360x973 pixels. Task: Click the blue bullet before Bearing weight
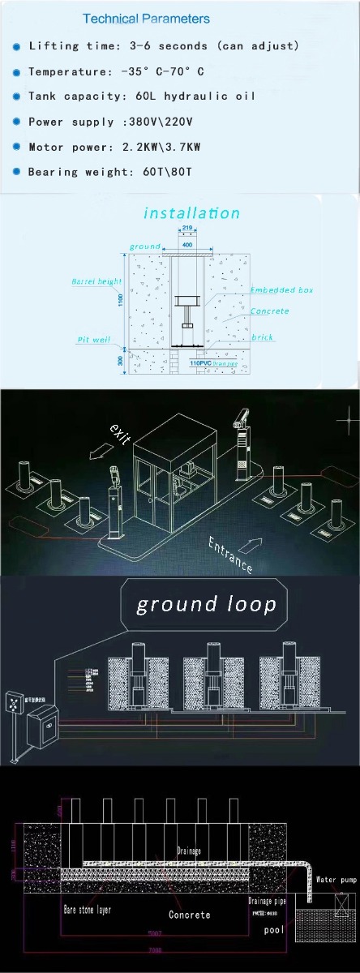point(17,173)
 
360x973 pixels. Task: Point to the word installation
point(191,213)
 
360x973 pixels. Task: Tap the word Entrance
point(230,555)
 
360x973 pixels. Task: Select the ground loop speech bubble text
point(206,605)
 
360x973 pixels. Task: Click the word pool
point(274,929)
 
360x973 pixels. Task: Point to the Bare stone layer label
point(87,910)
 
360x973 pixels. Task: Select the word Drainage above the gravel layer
point(188,851)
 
